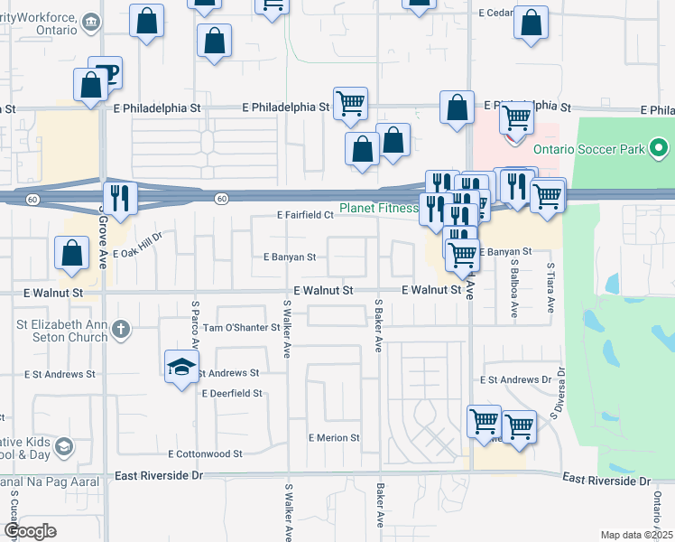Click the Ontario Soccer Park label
tap(590, 148)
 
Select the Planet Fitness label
tap(379, 208)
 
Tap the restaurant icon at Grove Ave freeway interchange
tap(119, 197)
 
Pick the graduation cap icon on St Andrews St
tap(181, 367)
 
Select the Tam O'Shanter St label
tap(242, 327)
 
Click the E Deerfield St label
tap(232, 394)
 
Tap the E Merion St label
tap(334, 438)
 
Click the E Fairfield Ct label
tap(305, 216)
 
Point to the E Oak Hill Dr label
tap(136, 245)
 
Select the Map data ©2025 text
tap(636, 535)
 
